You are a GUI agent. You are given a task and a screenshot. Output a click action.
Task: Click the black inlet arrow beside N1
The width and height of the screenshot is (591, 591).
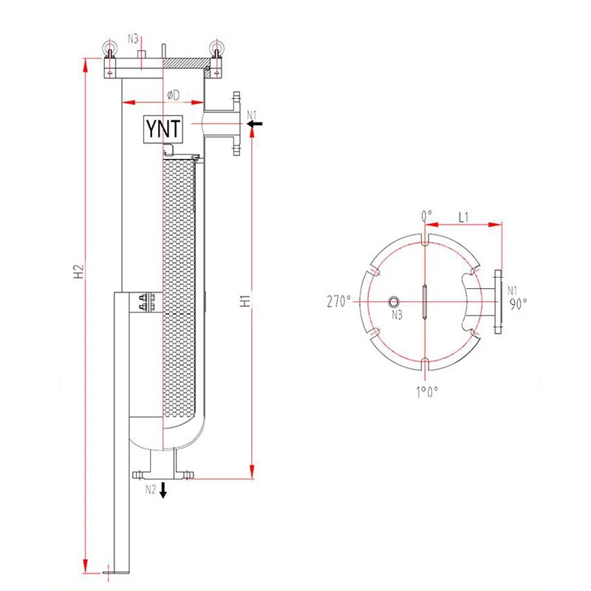[x=255, y=125]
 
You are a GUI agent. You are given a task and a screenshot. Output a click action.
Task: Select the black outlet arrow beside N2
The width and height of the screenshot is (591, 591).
[x=163, y=490]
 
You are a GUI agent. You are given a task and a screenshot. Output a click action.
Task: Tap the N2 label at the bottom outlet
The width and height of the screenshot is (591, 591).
[x=150, y=489]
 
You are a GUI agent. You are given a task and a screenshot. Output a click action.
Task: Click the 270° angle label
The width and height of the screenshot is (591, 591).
[x=341, y=301]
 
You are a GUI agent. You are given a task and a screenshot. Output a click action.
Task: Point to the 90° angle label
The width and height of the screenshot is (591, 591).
[x=517, y=302]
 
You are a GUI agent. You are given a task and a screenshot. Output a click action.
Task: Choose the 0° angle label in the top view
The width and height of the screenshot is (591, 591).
[x=426, y=216]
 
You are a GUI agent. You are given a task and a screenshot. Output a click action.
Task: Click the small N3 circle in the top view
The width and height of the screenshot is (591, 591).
[x=394, y=301]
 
